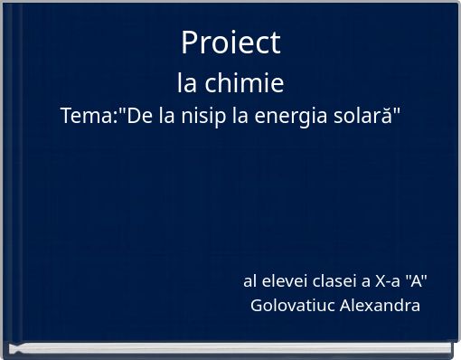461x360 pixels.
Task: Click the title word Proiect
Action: tap(230, 42)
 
